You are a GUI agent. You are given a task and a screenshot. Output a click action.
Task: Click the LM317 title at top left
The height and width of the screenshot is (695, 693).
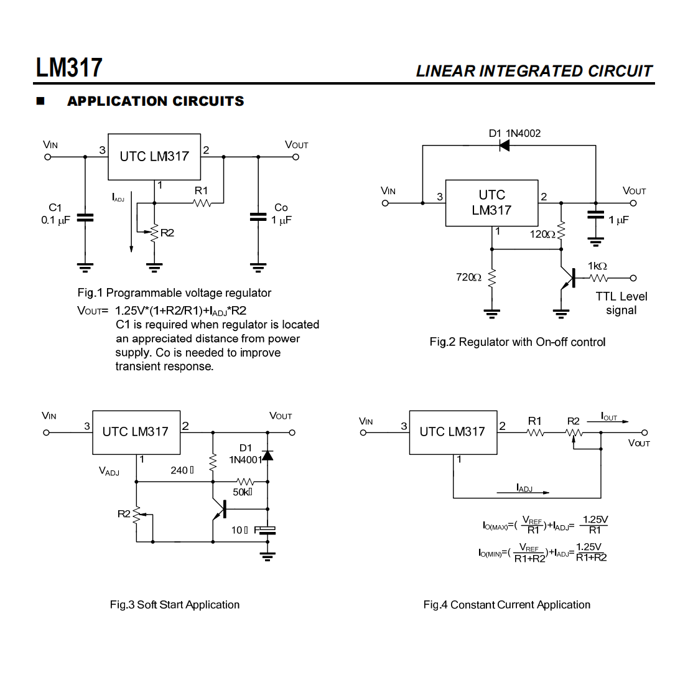[69, 67]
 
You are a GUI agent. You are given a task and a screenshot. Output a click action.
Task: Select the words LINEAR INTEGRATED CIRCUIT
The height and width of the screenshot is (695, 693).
[534, 72]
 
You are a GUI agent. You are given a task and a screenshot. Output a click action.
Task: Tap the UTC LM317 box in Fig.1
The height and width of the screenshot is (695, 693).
[154, 157]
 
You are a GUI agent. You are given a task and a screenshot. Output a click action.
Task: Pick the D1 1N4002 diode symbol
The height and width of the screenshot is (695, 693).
[504, 146]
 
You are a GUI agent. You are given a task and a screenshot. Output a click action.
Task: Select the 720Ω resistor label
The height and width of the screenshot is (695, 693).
[468, 277]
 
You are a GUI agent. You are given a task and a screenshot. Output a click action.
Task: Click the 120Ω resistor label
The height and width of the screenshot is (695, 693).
[542, 235]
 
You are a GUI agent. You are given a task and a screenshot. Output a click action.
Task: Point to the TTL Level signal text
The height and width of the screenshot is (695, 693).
[621, 304]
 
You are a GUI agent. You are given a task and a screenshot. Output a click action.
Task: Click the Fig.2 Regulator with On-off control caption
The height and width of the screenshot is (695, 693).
[517, 342]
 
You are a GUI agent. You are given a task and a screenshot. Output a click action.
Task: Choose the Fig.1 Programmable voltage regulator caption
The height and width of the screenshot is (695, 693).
[174, 293]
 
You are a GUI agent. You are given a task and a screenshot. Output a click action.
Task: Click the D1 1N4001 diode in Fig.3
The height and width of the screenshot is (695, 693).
[267, 455]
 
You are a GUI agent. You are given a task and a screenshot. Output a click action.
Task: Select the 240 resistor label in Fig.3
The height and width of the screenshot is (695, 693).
[182, 470]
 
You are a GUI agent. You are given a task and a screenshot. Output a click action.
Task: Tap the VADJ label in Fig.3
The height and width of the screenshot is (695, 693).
[109, 472]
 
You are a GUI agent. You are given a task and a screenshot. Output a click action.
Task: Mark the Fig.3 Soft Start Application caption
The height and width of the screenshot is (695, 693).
[174, 605]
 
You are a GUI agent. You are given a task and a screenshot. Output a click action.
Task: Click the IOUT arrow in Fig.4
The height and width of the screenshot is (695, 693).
[608, 422]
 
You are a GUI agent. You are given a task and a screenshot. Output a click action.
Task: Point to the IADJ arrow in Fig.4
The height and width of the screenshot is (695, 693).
[524, 492]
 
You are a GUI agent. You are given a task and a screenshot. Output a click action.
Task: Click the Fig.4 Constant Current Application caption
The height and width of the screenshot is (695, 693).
[506, 605]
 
